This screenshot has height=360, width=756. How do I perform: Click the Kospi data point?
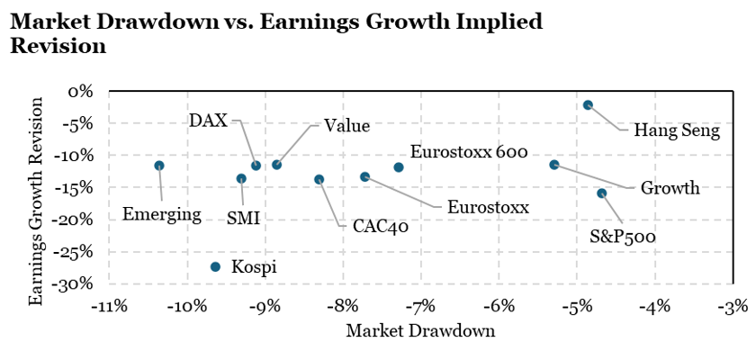click(215, 266)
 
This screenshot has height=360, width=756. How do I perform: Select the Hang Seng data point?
click(588, 105)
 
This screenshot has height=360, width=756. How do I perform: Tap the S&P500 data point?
click(602, 193)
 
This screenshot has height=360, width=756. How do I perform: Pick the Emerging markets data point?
click(159, 166)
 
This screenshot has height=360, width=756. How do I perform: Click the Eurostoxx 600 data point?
click(399, 167)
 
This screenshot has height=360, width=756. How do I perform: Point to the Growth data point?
click(554, 165)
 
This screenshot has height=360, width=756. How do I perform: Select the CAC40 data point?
click(319, 180)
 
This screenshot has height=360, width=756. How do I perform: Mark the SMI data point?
click(241, 179)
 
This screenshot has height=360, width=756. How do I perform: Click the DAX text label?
click(209, 121)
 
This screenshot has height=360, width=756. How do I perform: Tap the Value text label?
click(346, 127)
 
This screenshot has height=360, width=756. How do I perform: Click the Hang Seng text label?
click(677, 131)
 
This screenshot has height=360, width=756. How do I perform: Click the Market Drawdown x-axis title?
click(420, 331)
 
